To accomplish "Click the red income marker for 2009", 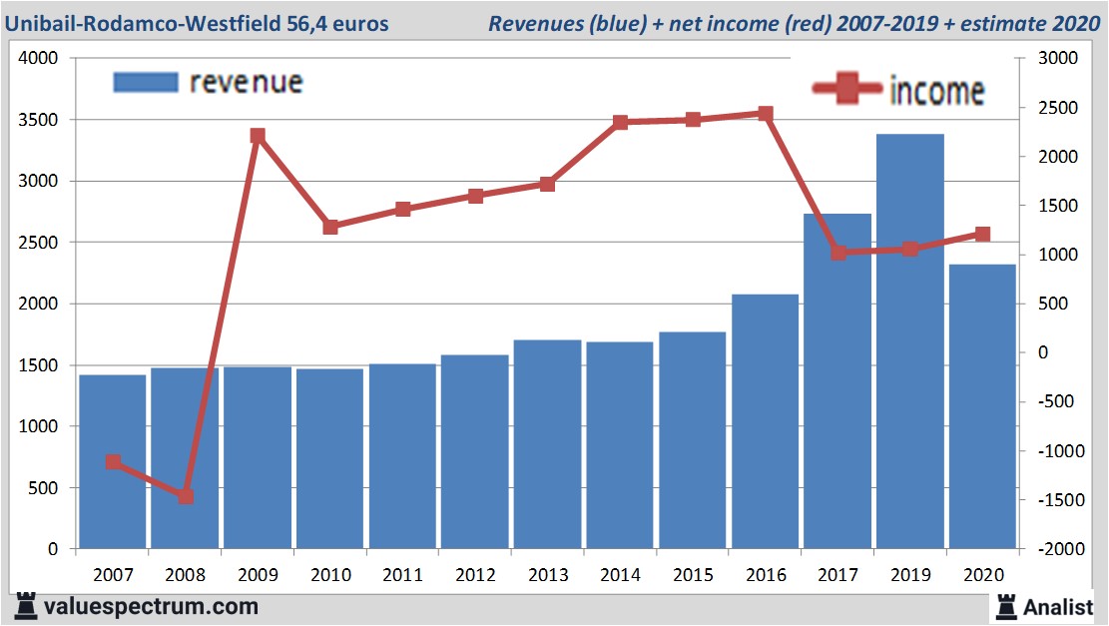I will pos(258,136).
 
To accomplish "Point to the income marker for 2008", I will pos(186,496).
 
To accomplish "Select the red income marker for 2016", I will pos(765,114).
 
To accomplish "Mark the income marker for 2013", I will pos(547,184).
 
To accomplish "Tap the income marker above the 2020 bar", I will pos(982,235).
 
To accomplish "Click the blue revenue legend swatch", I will pos(146,82).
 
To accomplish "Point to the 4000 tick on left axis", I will pos(39,59).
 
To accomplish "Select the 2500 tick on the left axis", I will pos(39,243).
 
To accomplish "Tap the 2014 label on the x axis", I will pos(620,576).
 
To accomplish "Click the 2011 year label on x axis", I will pos(402,576).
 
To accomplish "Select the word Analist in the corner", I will pos(1058,606).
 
